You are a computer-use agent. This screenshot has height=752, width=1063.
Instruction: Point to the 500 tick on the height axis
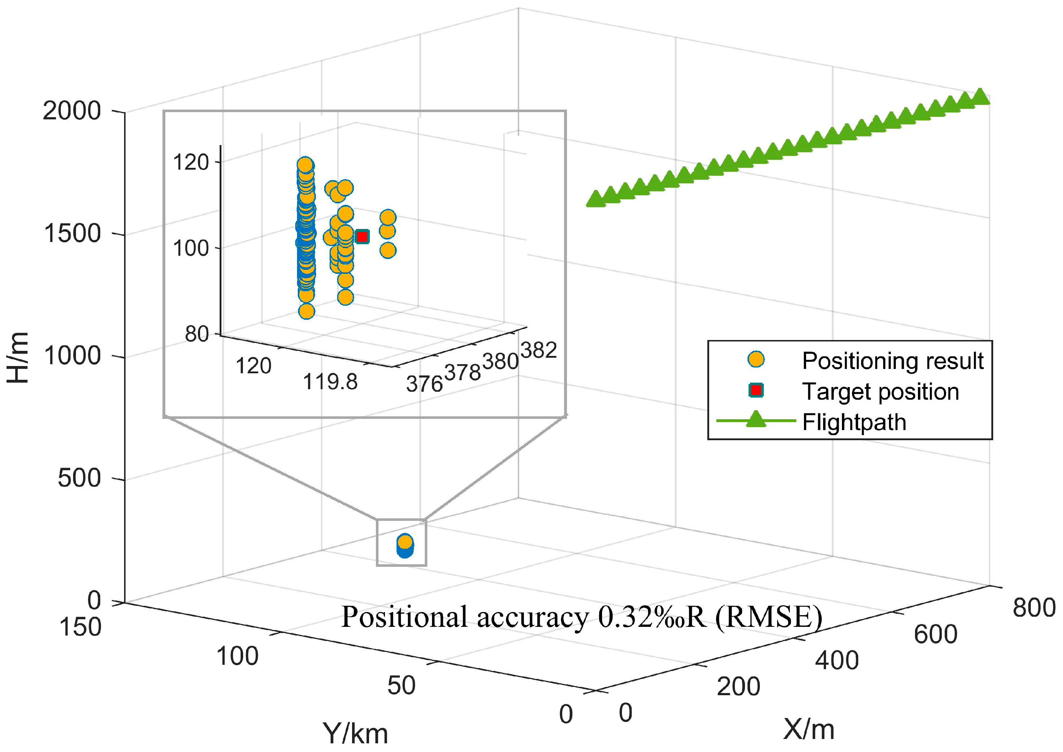[79, 477]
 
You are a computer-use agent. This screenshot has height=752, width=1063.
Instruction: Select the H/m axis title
[18, 357]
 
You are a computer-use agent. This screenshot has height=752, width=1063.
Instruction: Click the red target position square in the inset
[362, 237]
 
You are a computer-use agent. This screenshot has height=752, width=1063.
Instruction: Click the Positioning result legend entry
[892, 361]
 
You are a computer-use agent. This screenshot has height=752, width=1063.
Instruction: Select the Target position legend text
[880, 391]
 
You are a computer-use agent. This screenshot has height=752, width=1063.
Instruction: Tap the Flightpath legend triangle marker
[756, 419]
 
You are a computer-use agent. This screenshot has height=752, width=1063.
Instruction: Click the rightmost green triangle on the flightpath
[980, 97]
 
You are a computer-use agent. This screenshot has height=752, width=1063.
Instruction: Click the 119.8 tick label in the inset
[330, 382]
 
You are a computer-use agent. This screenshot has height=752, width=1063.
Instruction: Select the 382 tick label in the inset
[538, 350]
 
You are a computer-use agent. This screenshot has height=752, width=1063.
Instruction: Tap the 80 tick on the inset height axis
[196, 334]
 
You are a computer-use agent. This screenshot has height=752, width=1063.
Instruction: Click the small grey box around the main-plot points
[401, 542]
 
